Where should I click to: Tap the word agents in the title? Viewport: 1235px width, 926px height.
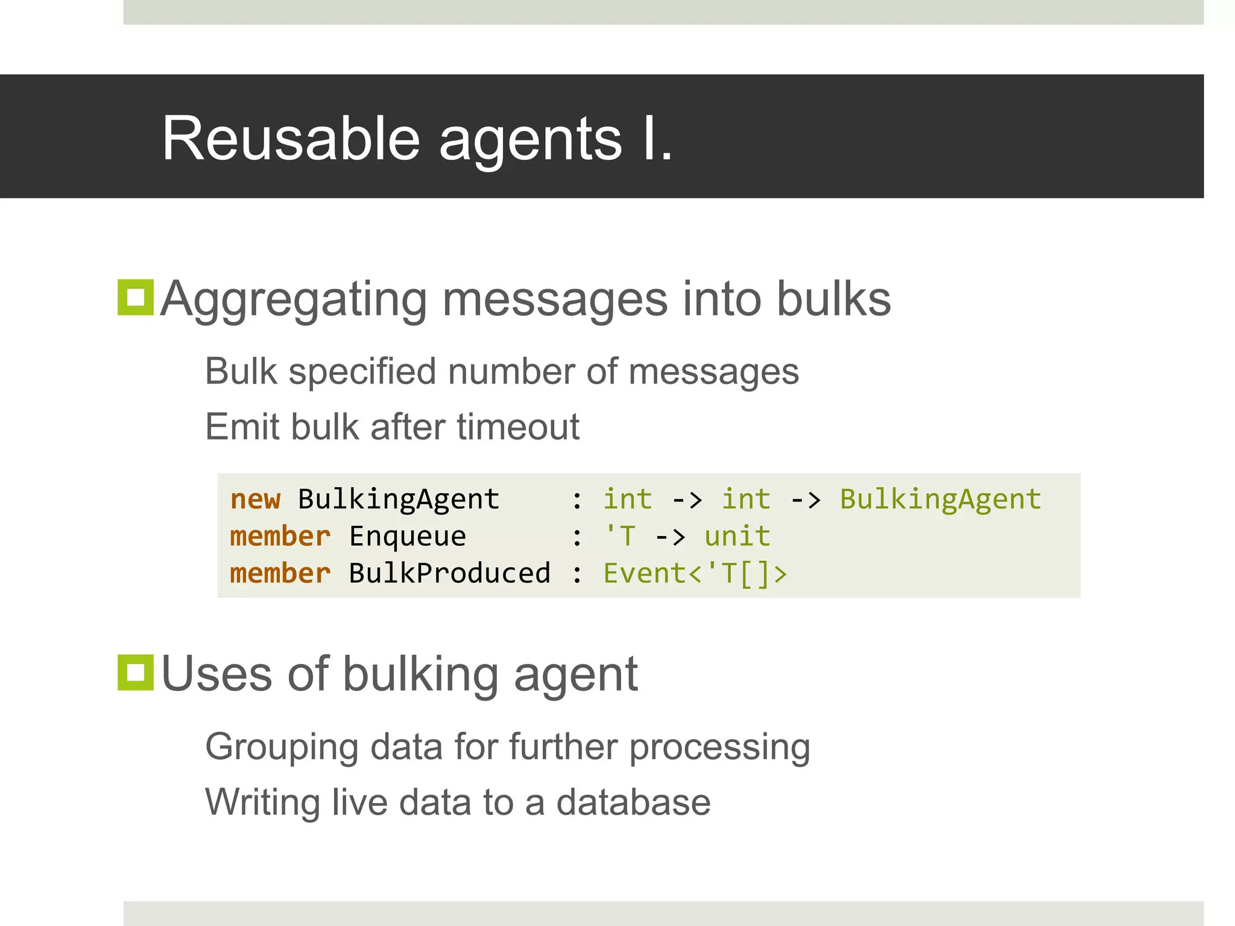click(x=530, y=142)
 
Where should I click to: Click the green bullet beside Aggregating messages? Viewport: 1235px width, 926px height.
click(x=136, y=297)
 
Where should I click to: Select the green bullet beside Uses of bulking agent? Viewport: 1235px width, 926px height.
click(x=136, y=672)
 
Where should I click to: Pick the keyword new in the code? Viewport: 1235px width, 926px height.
click(x=255, y=499)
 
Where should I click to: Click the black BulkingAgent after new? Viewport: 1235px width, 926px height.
click(x=399, y=499)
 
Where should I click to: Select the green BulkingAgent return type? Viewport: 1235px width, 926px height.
click(x=940, y=499)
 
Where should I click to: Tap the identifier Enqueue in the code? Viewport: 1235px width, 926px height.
click(x=408, y=537)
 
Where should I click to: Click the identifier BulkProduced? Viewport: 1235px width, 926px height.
click(x=449, y=573)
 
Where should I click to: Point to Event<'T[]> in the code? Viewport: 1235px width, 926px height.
click(x=695, y=573)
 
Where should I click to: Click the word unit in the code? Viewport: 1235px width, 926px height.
click(x=737, y=537)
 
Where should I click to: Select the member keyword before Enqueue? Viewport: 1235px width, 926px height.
click(x=280, y=537)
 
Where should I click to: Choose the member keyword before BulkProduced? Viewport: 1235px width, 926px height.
click(x=280, y=573)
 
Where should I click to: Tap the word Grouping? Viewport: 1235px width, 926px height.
click(x=282, y=748)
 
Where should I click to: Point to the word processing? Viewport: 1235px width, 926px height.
click(x=719, y=748)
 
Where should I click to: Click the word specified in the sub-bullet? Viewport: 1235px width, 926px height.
click(x=362, y=372)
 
